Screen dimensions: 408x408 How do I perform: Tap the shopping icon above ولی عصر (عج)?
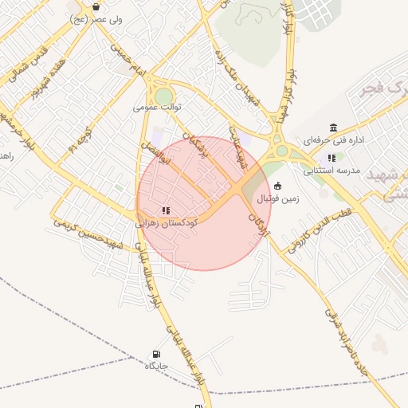96,6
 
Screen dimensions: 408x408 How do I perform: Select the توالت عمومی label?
158,106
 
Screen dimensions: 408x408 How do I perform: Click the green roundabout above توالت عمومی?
163,95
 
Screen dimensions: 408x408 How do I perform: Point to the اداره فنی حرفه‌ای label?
334,140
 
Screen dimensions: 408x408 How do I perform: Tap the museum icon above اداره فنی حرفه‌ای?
333,127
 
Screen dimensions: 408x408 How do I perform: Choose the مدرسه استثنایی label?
331,171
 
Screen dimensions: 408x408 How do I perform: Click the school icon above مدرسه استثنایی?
331,158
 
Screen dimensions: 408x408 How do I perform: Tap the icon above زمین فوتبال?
277,186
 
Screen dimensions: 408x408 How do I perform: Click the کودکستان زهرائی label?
167,224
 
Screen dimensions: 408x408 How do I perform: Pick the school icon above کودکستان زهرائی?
165,211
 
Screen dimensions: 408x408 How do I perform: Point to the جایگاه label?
155,367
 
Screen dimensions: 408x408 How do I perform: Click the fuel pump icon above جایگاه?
155,355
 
